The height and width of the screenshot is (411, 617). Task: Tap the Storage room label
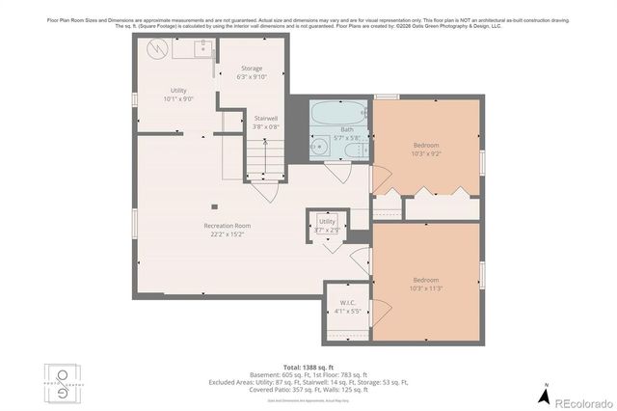(252, 68)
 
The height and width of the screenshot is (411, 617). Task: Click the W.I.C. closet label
(348, 303)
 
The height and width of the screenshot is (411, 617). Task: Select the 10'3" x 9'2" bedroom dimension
(426, 152)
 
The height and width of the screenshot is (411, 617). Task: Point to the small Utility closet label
(328, 221)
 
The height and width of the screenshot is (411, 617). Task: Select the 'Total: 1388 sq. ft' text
(308, 368)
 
